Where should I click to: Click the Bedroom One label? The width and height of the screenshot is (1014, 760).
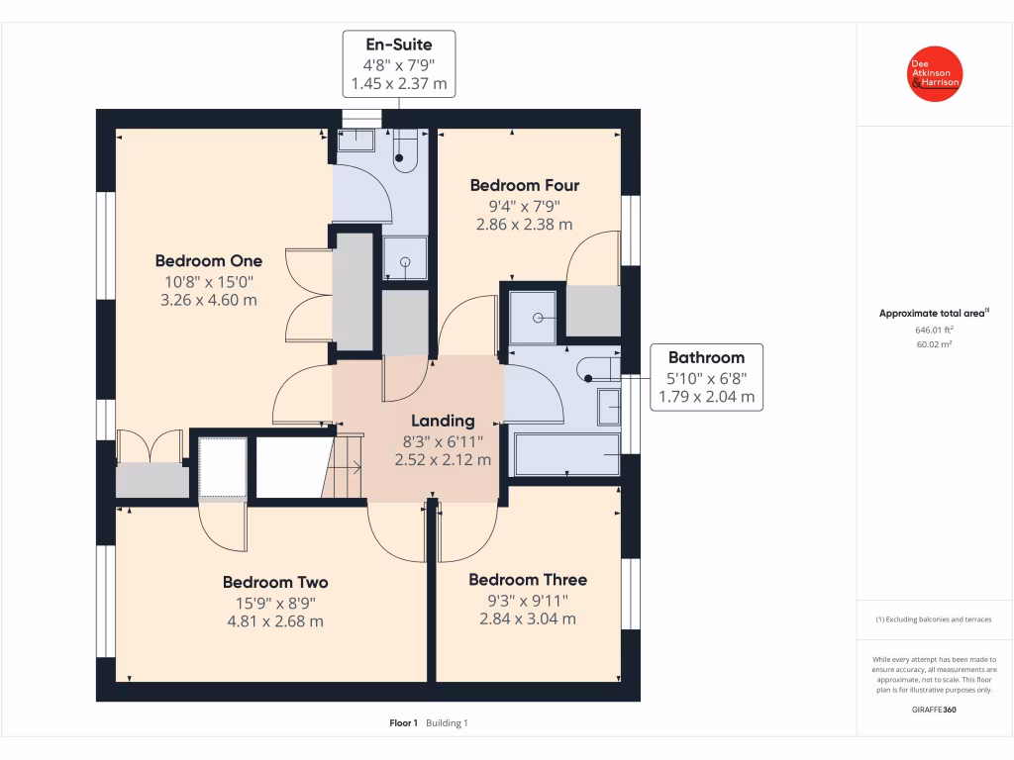click(x=209, y=261)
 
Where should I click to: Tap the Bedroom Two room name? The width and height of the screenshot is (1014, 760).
click(x=274, y=582)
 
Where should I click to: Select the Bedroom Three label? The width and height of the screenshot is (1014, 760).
click(x=528, y=580)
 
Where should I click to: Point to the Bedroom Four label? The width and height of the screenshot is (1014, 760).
click(x=525, y=185)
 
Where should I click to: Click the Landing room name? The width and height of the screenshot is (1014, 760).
click(x=443, y=421)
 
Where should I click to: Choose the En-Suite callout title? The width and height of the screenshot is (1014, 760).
click(x=398, y=45)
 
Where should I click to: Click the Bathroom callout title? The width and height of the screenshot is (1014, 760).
click(x=706, y=357)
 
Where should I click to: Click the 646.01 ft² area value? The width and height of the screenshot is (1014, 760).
click(x=934, y=330)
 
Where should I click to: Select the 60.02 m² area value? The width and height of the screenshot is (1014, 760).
click(x=934, y=344)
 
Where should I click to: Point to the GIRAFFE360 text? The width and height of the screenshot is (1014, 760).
click(x=935, y=710)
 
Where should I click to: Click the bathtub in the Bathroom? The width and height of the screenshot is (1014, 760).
click(x=567, y=455)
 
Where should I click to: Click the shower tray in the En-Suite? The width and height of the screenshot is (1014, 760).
click(x=406, y=259)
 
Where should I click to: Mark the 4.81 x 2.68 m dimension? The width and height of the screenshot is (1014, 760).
click(x=274, y=621)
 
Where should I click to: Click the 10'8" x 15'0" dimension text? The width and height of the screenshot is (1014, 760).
click(x=209, y=281)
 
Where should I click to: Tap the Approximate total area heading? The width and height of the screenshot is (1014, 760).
click(x=934, y=314)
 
